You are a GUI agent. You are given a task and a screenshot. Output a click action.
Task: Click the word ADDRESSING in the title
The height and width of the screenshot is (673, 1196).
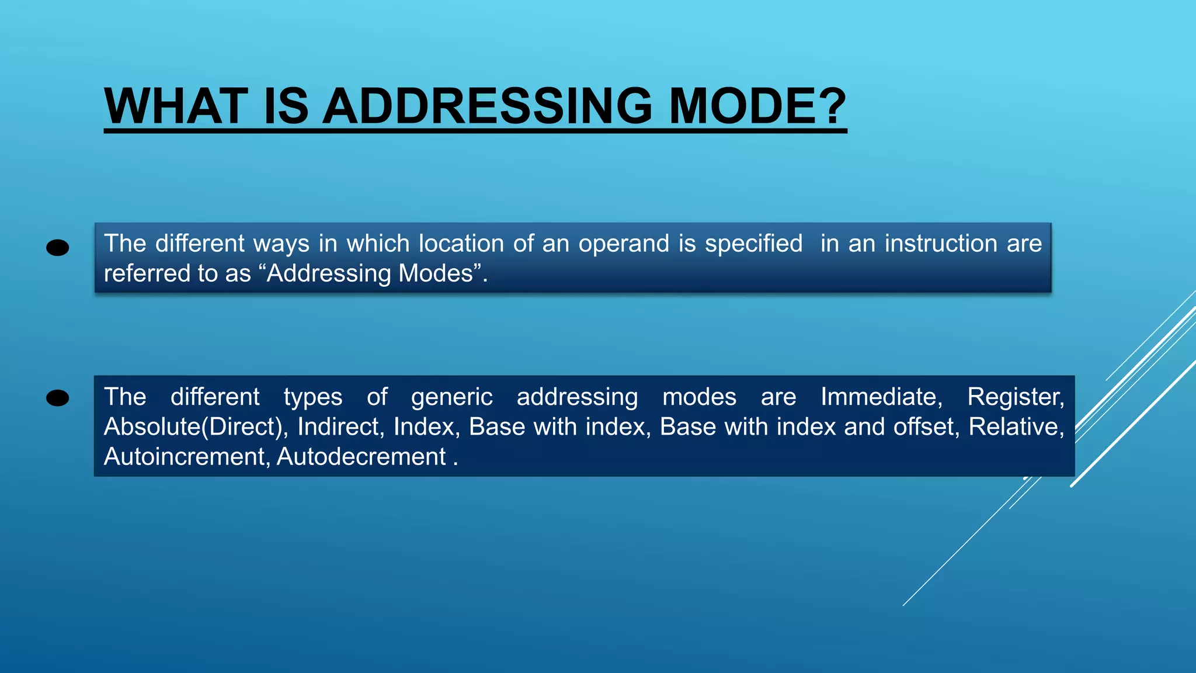487,106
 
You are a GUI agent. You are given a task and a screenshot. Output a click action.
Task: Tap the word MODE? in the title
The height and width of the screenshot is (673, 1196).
757,106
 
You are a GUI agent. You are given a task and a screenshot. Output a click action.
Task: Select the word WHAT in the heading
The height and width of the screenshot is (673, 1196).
176,106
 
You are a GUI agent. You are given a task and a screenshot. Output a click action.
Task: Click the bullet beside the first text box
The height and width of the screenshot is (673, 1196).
57,248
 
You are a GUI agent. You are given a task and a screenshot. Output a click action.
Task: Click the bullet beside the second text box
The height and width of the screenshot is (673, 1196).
57,398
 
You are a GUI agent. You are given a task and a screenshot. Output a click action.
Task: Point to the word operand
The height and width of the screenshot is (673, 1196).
623,244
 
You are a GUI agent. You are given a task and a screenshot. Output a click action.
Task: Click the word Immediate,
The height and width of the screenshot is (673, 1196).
881,397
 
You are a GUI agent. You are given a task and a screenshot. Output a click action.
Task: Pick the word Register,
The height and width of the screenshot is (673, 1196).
1016,397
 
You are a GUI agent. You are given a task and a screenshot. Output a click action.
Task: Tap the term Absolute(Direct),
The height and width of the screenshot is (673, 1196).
196,427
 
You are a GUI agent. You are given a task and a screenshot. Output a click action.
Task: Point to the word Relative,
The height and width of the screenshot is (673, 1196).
1016,427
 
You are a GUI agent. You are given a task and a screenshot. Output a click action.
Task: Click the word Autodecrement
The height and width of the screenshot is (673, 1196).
361,457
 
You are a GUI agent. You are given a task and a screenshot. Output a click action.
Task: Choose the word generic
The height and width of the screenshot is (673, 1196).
451,397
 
